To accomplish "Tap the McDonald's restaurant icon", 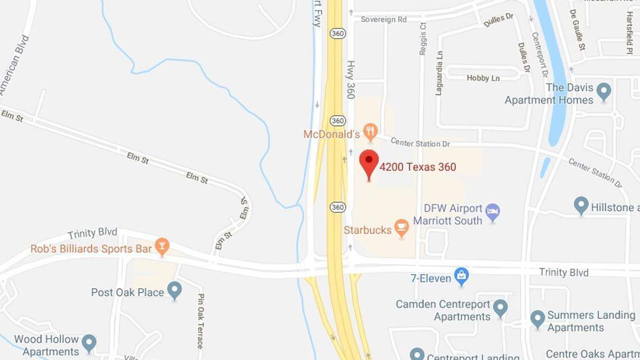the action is point(370,133).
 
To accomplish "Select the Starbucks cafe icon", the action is point(401,228).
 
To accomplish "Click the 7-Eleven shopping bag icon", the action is point(461,276).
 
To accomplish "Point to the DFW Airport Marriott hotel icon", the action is point(492,212).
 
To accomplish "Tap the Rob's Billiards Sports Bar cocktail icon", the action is point(162,247).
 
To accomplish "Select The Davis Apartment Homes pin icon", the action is point(604,91).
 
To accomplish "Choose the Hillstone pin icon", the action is point(581,206).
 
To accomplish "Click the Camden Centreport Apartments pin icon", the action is point(500,308).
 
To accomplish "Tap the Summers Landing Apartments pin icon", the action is point(538,319).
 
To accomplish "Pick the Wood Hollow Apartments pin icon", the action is point(89,343).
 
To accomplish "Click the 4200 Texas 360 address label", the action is point(418,167).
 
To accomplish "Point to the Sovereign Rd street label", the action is point(383,19).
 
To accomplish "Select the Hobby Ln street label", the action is point(483,78).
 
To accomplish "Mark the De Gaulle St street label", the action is point(577,29).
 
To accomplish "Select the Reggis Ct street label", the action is point(423,38).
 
